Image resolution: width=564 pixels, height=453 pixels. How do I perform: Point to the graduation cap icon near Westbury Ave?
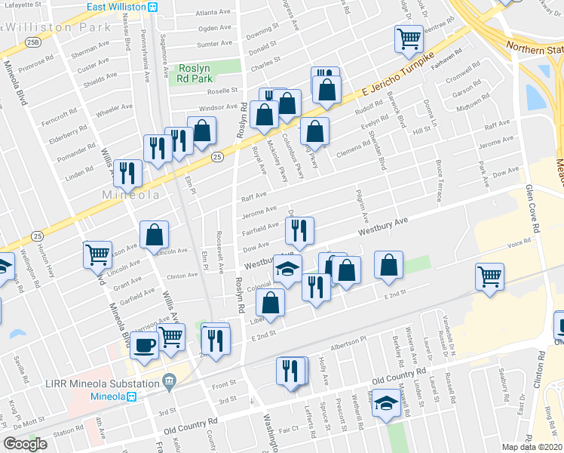tap(287, 270)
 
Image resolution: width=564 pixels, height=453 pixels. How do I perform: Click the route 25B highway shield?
tap(32, 43)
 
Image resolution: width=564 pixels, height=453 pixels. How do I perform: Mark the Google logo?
tap(26, 444)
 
